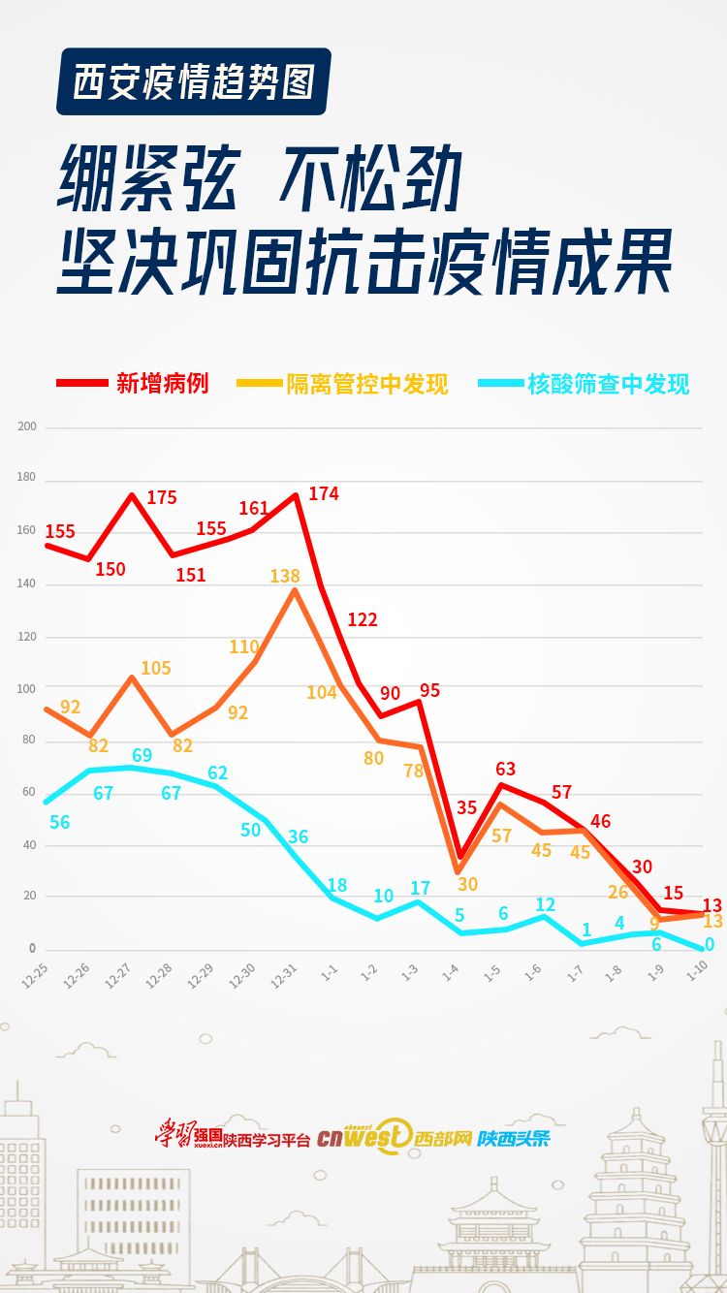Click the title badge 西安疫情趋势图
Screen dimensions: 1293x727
click(x=194, y=81)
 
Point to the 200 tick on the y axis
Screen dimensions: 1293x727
click(x=26, y=426)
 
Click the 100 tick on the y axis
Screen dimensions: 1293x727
click(x=26, y=688)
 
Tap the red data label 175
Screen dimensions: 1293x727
click(x=162, y=497)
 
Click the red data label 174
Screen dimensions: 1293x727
click(x=324, y=493)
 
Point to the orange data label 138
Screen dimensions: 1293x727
click(x=284, y=576)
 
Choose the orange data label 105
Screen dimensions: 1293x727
click(x=155, y=668)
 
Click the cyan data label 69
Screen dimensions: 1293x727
click(x=142, y=755)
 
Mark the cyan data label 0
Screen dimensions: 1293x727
click(x=710, y=945)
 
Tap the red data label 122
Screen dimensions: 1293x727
click(x=362, y=619)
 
